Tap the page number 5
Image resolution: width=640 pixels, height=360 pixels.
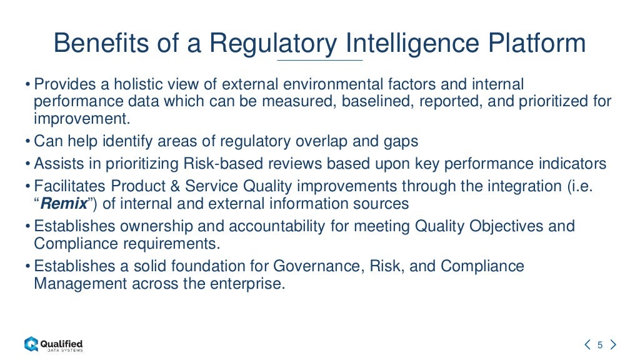(599, 344)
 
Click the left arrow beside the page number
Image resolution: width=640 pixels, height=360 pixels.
(587, 344)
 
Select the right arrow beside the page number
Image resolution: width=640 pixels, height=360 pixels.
(612, 344)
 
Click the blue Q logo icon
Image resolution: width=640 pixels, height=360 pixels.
(31, 344)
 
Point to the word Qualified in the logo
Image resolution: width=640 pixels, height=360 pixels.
(61, 342)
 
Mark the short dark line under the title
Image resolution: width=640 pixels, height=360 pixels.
(319, 60)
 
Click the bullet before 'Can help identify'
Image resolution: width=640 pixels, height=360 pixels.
(29, 141)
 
